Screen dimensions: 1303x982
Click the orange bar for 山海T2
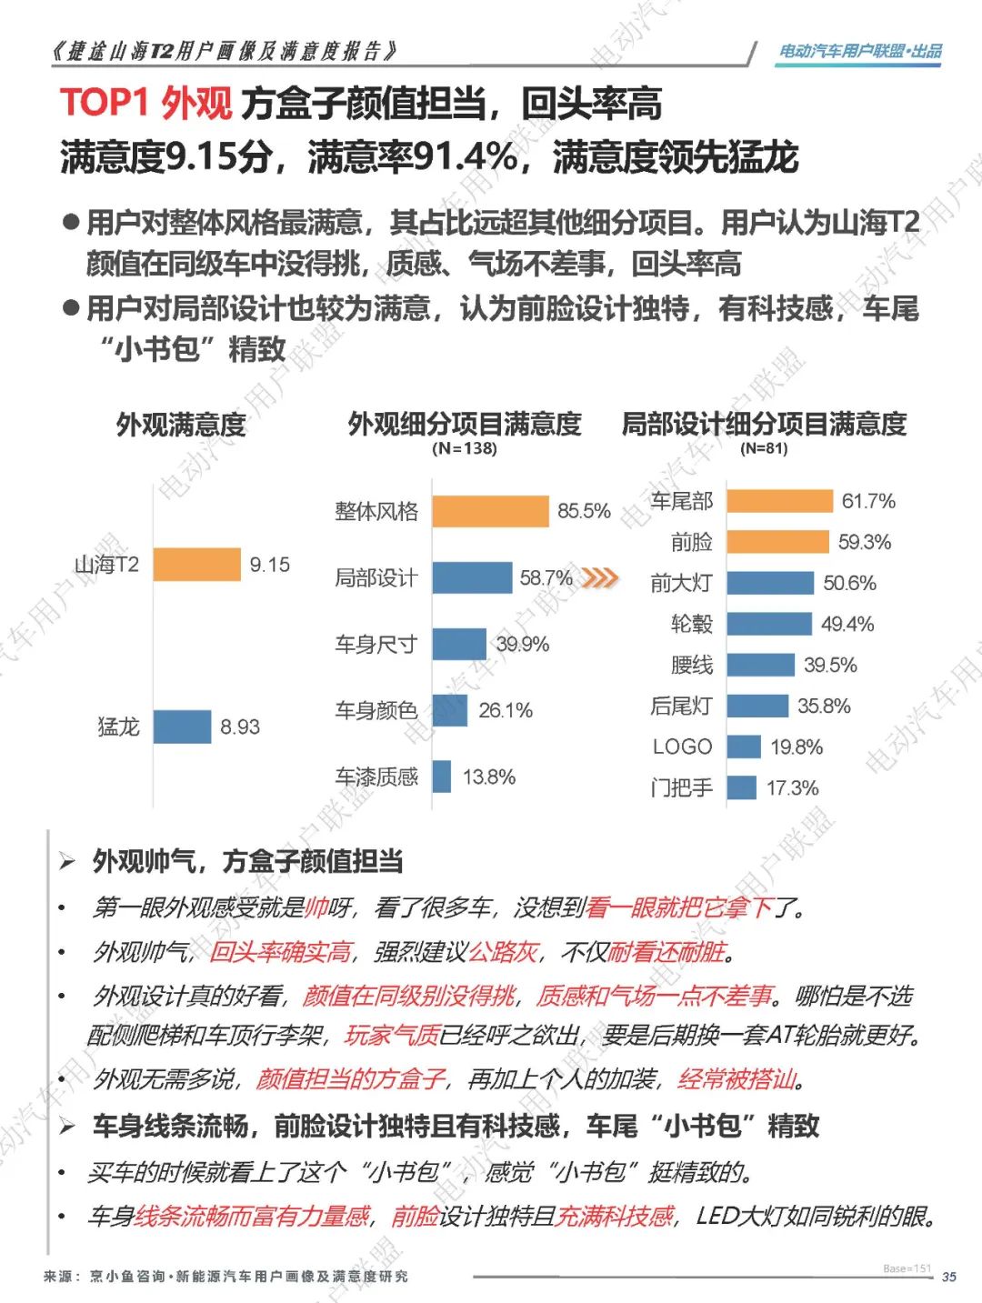196,564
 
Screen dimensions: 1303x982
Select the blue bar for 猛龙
182,727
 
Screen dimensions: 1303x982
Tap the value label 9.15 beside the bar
270,565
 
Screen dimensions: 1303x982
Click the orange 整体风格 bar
490,511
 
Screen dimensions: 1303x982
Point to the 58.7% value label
546,577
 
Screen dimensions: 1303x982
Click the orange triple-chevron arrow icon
600,577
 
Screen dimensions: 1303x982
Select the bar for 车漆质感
442,777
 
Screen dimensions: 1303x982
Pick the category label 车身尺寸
376,645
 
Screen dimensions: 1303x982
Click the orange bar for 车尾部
779,501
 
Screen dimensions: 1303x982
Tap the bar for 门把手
742,787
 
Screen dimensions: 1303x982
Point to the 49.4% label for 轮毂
847,624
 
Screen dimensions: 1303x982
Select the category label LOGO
682,747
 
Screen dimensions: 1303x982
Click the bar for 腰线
760,665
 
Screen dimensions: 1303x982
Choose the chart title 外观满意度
181,424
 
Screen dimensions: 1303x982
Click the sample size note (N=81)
764,448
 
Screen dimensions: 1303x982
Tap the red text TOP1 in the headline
104,103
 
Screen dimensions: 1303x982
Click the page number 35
948,1277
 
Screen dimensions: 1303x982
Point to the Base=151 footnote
907,1268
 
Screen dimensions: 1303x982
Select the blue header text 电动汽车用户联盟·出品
860,52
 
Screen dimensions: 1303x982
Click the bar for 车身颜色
450,710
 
